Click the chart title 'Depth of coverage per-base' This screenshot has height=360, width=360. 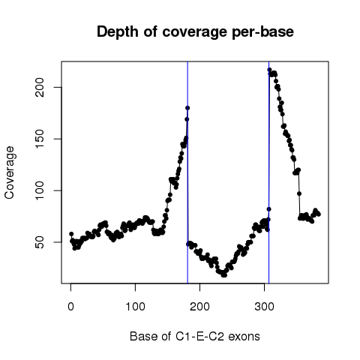pyautogui.click(x=195, y=32)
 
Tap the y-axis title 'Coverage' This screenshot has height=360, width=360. pyautogui.click(x=9, y=172)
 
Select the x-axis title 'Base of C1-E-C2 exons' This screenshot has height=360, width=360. pyautogui.click(x=195, y=336)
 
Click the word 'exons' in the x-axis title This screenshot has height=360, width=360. pyautogui.click(x=244, y=337)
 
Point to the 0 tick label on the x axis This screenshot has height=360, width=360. pyautogui.click(x=70, y=307)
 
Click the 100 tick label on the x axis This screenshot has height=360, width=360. pyautogui.click(x=135, y=307)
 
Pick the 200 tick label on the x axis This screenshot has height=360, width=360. pyautogui.click(x=199, y=307)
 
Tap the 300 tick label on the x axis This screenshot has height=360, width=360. pyautogui.click(x=264, y=307)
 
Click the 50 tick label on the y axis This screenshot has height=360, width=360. pyautogui.click(x=40, y=242)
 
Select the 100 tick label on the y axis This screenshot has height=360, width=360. pyautogui.click(x=40, y=190)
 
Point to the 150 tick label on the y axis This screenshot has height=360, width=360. pyautogui.click(x=40, y=139)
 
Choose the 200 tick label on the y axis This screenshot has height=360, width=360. pyautogui.click(x=40, y=87)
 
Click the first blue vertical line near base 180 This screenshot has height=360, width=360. pyautogui.click(x=187, y=172)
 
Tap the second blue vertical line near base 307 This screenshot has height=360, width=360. pyautogui.click(x=268, y=172)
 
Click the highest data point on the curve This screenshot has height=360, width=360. pyautogui.click(x=269, y=70)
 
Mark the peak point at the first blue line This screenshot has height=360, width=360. pyautogui.click(x=187, y=108)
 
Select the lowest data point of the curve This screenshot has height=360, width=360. pyautogui.click(x=223, y=275)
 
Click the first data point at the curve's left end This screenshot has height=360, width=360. pyautogui.click(x=71, y=234)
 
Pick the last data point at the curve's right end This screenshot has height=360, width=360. pyautogui.click(x=319, y=214)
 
